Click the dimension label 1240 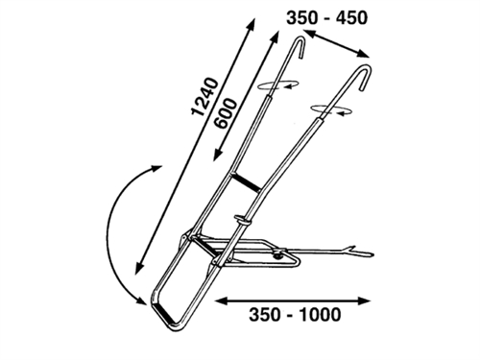[205, 96]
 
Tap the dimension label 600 [226, 113]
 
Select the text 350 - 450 [326, 17]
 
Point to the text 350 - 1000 [295, 315]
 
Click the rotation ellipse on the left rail [278, 84]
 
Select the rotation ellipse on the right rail [331, 110]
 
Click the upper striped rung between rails [245, 181]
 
